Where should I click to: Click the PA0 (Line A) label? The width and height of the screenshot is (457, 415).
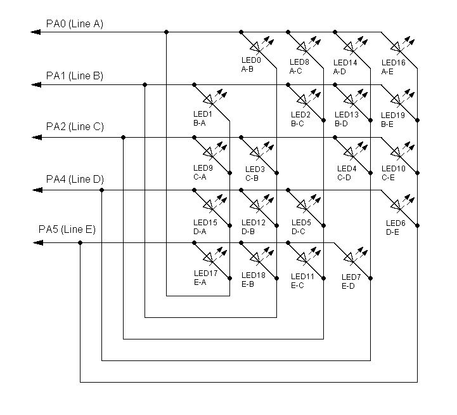tap(75, 24)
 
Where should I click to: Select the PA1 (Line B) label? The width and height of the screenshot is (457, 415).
tap(75, 76)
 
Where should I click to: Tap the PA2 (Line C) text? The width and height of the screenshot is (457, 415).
tap(75, 127)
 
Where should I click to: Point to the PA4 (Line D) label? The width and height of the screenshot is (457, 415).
tap(75, 179)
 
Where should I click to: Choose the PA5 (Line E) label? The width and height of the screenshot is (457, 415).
tap(67, 229)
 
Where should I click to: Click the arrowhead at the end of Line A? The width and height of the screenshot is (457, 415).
tap(35, 32)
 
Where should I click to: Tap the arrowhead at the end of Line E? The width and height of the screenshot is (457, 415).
tap(38, 243)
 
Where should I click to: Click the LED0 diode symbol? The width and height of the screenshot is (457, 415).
tap(255, 47)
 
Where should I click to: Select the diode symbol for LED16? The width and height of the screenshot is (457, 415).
tap(396, 47)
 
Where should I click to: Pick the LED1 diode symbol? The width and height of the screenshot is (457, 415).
tap(208, 100)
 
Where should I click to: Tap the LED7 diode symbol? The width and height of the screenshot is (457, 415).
tap(349, 258)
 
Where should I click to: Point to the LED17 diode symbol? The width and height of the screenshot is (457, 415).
tap(208, 258)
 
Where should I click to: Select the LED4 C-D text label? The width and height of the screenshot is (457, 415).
tap(347, 173)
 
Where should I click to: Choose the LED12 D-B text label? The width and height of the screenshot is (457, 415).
tap(254, 227)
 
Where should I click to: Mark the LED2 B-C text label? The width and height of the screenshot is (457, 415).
tap(300, 119)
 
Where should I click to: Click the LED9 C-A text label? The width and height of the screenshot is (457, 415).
tap(203, 173)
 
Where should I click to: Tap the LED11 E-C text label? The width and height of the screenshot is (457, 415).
tap(302, 280)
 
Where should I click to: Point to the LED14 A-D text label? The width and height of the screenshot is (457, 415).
tap(345, 67)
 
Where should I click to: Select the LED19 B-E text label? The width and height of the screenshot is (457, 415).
tap(393, 120)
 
